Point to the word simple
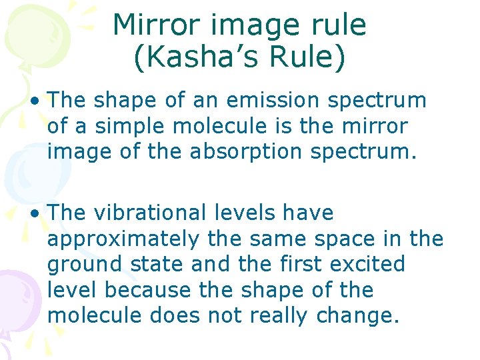(x=123, y=126)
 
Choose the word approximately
(x=122, y=239)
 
